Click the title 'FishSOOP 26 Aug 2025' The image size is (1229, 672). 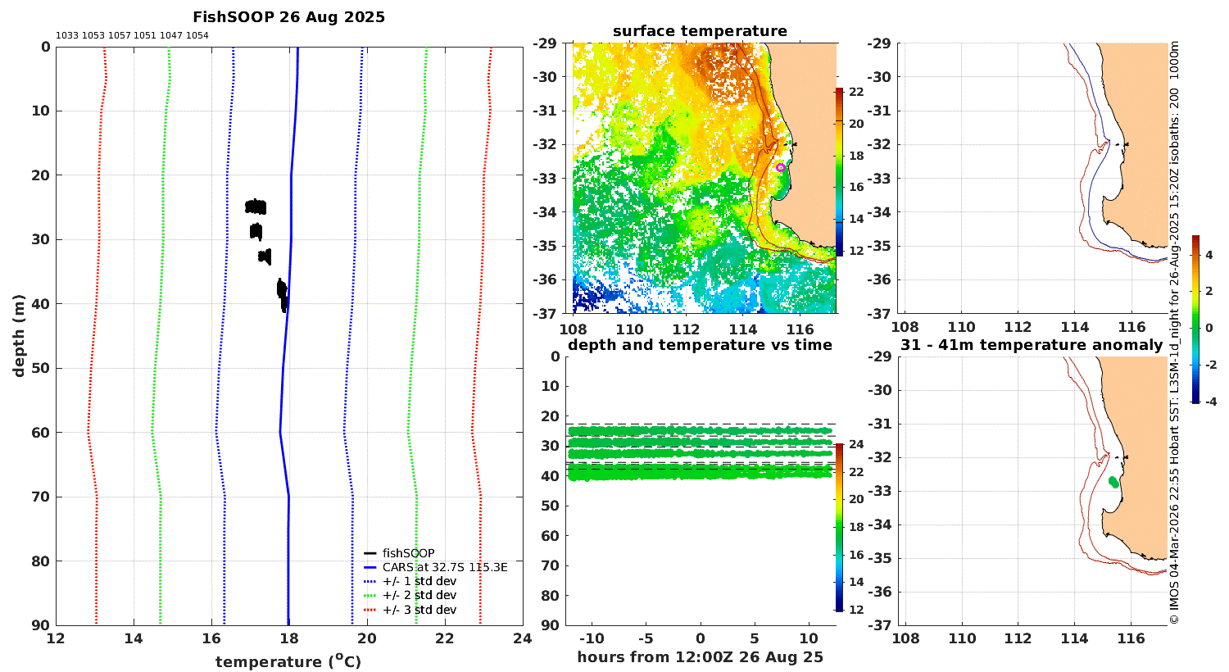coord(288,17)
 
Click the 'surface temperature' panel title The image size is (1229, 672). coord(700,31)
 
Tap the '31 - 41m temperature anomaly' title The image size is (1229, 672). coord(1032,344)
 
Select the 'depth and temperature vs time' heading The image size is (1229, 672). coord(700,344)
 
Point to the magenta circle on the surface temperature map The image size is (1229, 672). coord(780,167)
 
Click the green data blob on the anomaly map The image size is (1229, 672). coord(1113,482)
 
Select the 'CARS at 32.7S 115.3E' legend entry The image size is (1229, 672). coord(435,567)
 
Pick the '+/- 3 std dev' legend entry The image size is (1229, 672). coord(410,610)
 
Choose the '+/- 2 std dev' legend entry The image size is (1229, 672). coord(410,595)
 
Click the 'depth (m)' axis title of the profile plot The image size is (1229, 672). coord(19,336)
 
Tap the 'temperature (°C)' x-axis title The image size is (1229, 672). coord(288,661)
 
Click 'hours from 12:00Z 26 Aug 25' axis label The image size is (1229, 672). coord(700,657)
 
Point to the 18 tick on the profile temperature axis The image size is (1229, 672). coord(289,638)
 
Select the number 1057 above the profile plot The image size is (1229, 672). coord(119,36)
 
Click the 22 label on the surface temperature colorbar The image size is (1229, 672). coord(856,92)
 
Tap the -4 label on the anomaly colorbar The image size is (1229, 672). coord(1210,402)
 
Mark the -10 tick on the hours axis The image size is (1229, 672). coord(592,638)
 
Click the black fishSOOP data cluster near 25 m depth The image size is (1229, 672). coord(256,207)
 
